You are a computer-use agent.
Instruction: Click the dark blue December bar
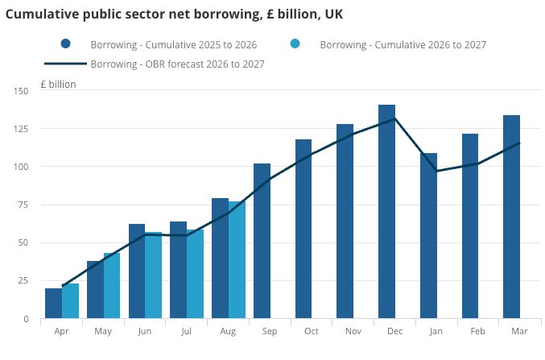(387, 212)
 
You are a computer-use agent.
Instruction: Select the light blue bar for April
(71, 301)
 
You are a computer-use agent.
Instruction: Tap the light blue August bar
(237, 260)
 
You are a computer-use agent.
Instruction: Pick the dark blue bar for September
(262, 241)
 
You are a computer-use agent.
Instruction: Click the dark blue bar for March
(512, 217)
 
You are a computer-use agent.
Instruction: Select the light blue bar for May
(112, 286)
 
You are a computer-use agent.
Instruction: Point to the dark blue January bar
(428, 235)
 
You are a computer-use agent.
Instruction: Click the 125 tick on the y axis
(20, 129)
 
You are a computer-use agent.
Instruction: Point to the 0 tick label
(26, 319)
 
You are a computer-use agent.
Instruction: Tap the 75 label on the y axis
(23, 205)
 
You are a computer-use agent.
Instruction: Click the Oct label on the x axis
(312, 331)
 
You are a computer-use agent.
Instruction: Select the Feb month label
(477, 331)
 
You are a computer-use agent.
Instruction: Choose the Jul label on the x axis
(186, 331)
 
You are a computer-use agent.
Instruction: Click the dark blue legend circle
(65, 43)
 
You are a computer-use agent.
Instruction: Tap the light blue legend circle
(295, 43)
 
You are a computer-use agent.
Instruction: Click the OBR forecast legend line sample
(65, 64)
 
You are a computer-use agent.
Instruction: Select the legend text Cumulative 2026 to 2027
(431, 45)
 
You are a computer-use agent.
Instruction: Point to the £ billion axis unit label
(58, 85)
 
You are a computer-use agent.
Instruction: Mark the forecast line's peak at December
(394, 119)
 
